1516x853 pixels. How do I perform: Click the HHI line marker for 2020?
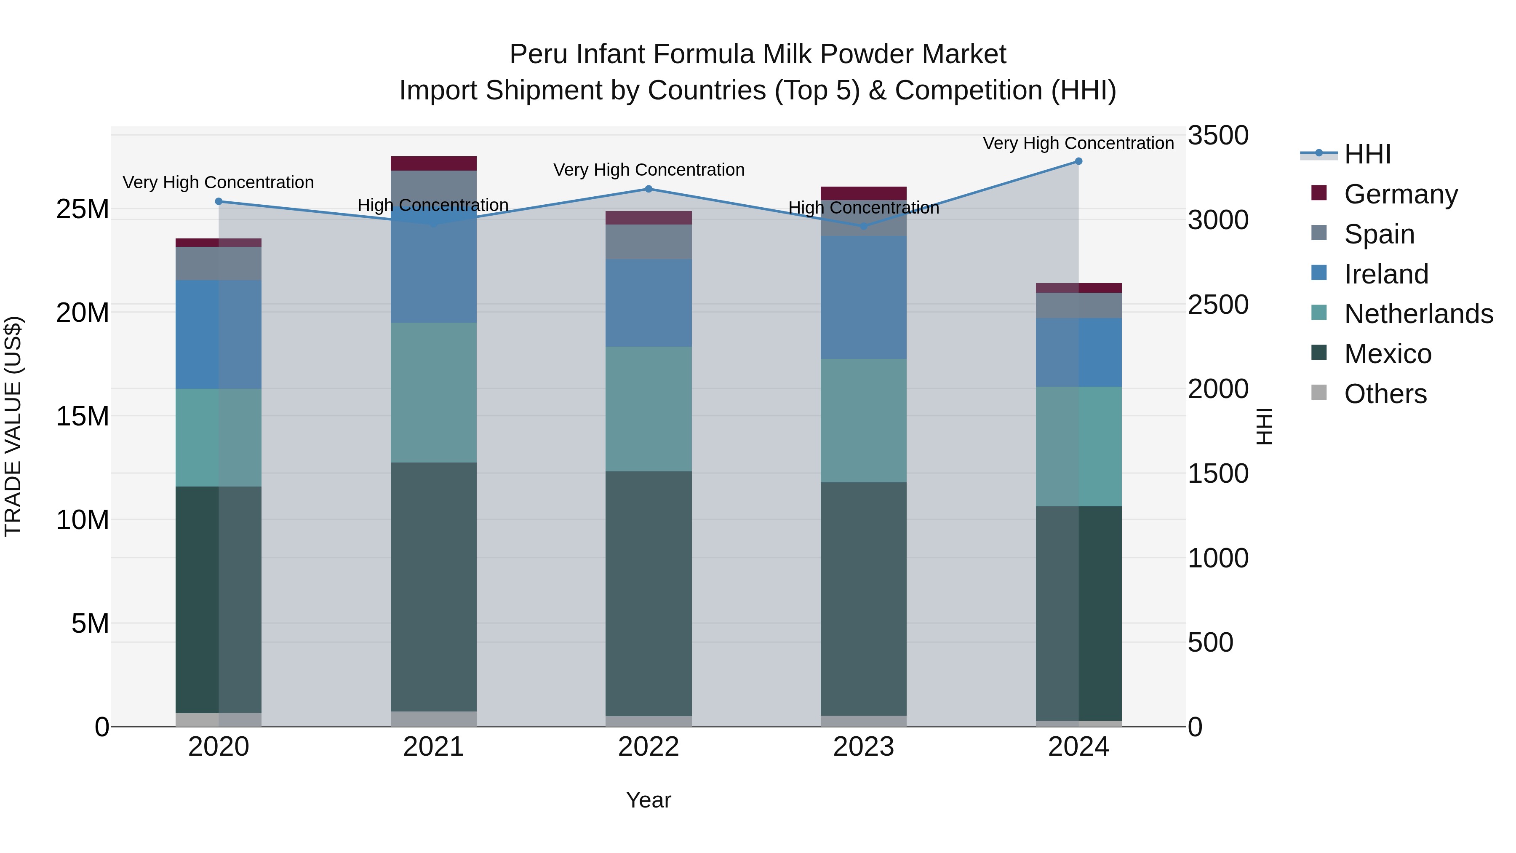[x=218, y=201]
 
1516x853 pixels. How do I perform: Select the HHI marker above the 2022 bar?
[x=649, y=189]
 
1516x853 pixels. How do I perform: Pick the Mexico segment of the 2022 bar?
[x=649, y=594]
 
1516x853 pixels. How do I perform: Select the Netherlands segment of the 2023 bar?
[x=863, y=421]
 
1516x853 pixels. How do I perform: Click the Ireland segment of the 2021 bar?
[x=434, y=271]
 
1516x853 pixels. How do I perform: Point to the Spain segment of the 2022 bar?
[x=649, y=242]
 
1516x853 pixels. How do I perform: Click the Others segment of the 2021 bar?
[x=434, y=719]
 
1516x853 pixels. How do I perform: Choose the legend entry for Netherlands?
[x=1418, y=314]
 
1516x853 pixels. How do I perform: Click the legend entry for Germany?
[x=1401, y=194]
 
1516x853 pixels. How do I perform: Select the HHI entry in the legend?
[x=1367, y=154]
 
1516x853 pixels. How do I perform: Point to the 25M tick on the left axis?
[x=83, y=209]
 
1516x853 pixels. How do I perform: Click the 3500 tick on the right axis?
[x=1217, y=135]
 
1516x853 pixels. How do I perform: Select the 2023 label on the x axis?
[x=863, y=747]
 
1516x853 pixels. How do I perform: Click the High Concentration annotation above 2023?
[x=863, y=208]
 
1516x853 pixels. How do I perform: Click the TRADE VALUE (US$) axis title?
[x=13, y=426]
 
